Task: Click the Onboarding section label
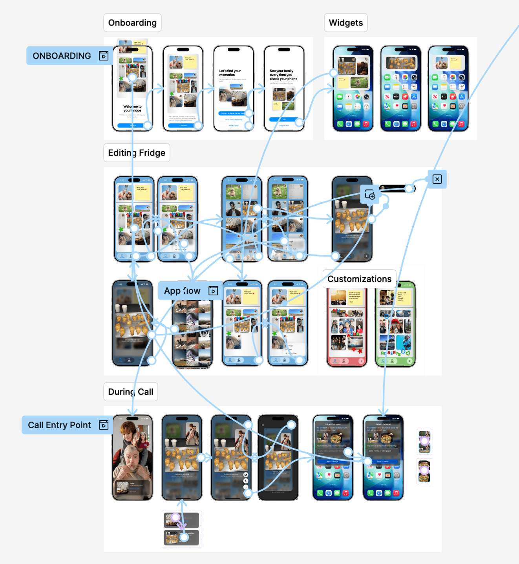click(132, 23)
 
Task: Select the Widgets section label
click(346, 23)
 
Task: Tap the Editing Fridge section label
click(137, 153)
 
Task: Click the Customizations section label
click(359, 279)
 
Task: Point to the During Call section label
click(131, 392)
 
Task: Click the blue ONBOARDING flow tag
click(62, 56)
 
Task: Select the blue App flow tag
click(182, 291)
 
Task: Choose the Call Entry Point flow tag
click(59, 425)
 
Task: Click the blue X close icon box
click(437, 179)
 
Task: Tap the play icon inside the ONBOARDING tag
click(104, 56)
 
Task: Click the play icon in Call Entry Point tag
click(104, 425)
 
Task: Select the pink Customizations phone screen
click(347, 328)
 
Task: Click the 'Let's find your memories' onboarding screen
click(234, 88)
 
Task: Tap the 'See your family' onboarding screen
click(284, 88)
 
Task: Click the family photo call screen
click(132, 458)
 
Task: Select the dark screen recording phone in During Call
click(278, 458)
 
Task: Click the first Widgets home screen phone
click(353, 88)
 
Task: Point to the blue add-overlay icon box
click(370, 194)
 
